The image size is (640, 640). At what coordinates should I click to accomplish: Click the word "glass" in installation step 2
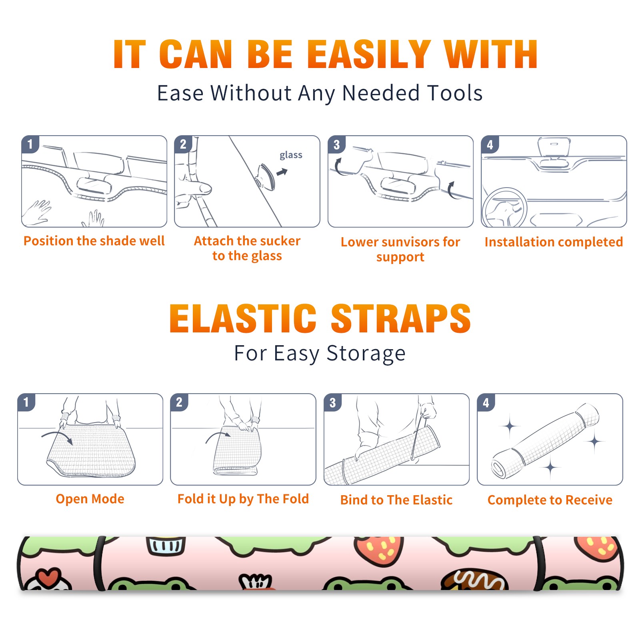pyautogui.click(x=291, y=155)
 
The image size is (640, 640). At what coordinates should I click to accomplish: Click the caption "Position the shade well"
pyautogui.click(x=94, y=241)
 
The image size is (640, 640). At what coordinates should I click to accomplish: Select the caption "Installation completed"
pyautogui.click(x=554, y=242)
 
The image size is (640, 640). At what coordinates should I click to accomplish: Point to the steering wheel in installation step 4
pyautogui.click(x=505, y=208)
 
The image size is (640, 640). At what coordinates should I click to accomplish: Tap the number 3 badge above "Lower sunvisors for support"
pyautogui.click(x=336, y=144)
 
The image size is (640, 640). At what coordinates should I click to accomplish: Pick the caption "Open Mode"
pyautogui.click(x=90, y=499)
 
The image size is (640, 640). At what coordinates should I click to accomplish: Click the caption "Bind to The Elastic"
pyautogui.click(x=396, y=500)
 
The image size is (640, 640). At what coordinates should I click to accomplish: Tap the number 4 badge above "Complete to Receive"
pyautogui.click(x=486, y=403)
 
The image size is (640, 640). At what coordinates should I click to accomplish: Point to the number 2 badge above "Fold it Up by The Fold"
pyautogui.click(x=179, y=402)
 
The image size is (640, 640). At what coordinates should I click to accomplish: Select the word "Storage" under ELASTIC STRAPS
pyautogui.click(x=366, y=354)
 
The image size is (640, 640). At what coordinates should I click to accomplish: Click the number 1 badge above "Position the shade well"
pyautogui.click(x=30, y=144)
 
